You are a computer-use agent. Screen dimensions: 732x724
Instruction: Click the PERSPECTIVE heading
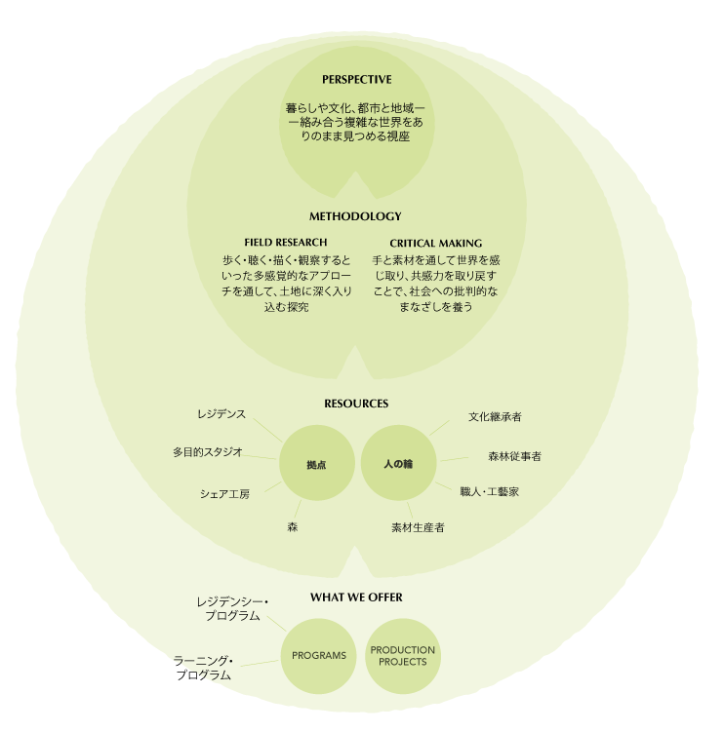pyautogui.click(x=356, y=79)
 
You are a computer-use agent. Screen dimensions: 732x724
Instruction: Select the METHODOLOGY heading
pyautogui.click(x=355, y=216)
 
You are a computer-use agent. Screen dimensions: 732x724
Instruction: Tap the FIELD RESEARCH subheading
pyautogui.click(x=285, y=242)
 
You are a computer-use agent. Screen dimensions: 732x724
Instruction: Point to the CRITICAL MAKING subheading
pyautogui.click(x=435, y=243)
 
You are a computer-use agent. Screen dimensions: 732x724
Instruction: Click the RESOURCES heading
pyautogui.click(x=356, y=404)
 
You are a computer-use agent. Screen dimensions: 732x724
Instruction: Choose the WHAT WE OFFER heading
pyautogui.click(x=356, y=597)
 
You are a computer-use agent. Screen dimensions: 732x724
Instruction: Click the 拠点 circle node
pyautogui.click(x=315, y=465)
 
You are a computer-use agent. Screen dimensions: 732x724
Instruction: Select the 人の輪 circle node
pyautogui.click(x=397, y=464)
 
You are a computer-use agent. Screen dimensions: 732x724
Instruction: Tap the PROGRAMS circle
pyautogui.click(x=319, y=656)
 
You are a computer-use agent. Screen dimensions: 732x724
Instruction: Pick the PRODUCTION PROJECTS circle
pyautogui.click(x=403, y=656)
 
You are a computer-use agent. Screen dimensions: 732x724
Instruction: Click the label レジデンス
pyautogui.click(x=221, y=414)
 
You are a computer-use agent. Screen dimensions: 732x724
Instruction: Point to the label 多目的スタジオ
pyautogui.click(x=207, y=452)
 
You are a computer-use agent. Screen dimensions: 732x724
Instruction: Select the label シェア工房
pyautogui.click(x=224, y=494)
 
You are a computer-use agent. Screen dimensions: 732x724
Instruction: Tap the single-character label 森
pyautogui.click(x=292, y=526)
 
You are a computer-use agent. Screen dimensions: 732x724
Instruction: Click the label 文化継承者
pyautogui.click(x=495, y=417)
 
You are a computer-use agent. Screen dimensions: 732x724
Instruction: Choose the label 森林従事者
pyautogui.click(x=514, y=455)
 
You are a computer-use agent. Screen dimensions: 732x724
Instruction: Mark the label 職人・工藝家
pyautogui.click(x=489, y=492)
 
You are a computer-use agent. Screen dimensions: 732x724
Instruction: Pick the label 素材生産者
pyautogui.click(x=418, y=527)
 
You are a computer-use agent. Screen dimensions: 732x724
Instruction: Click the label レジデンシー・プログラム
pyautogui.click(x=232, y=609)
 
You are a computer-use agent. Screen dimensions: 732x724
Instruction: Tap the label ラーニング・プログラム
pyautogui.click(x=204, y=668)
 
